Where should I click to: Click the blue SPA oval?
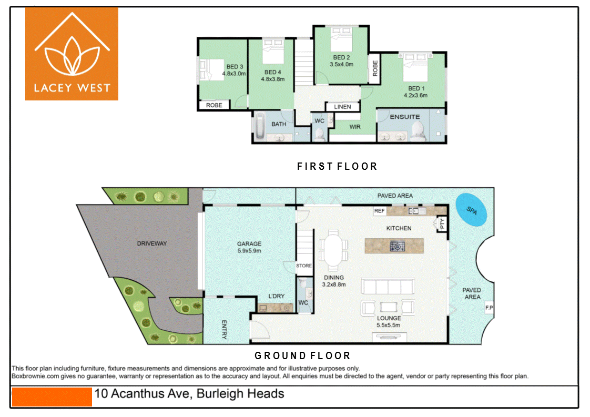pyautogui.click(x=471, y=210)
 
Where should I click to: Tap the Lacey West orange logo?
pyautogui.click(x=72, y=54)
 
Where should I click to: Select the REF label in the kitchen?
pyautogui.click(x=380, y=211)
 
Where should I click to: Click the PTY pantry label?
pyautogui.click(x=442, y=223)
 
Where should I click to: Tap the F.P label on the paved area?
pyautogui.click(x=489, y=308)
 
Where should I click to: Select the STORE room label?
pyautogui.click(x=304, y=266)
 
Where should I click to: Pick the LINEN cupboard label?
pyautogui.click(x=342, y=107)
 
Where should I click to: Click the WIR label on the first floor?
pyautogui.click(x=355, y=127)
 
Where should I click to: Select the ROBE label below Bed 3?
pyautogui.click(x=214, y=105)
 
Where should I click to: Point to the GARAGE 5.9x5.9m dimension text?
pyautogui.click(x=249, y=251)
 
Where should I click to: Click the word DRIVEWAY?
pyautogui.click(x=152, y=243)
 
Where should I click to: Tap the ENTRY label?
pyautogui.click(x=224, y=329)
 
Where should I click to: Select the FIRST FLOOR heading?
pyautogui.click(x=337, y=167)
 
